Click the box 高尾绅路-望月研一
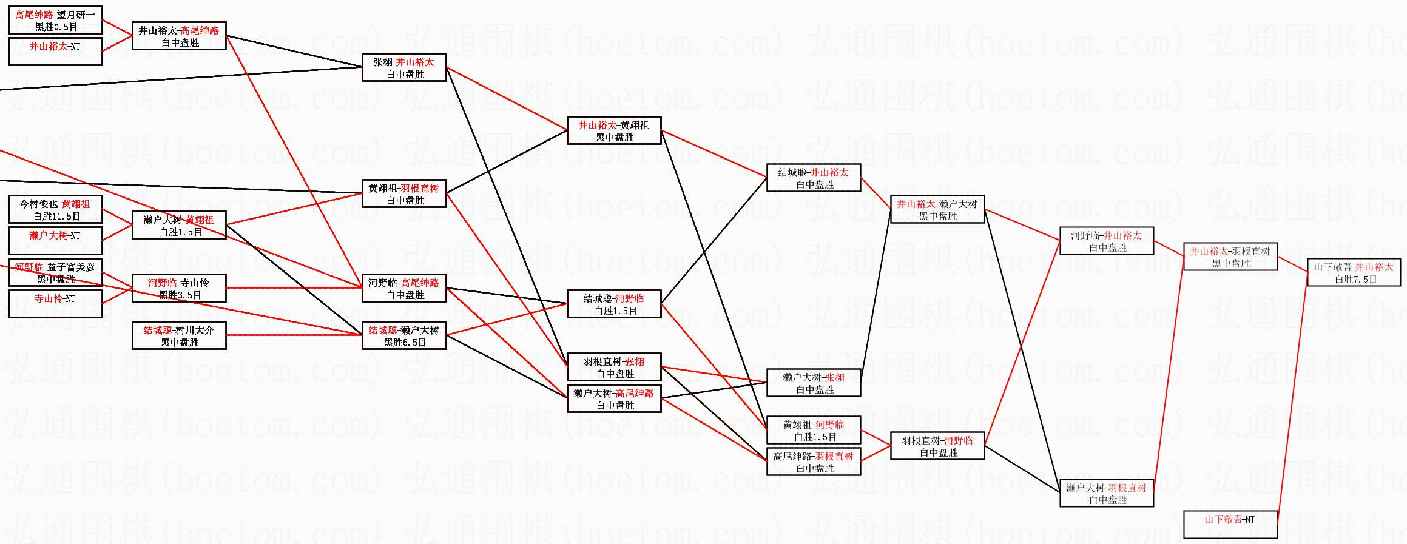(55, 20)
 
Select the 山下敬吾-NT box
(1230, 524)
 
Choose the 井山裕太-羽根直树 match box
(1230, 257)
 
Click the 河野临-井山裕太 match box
(1106, 241)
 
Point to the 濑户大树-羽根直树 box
(1106, 493)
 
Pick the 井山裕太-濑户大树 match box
(937, 209)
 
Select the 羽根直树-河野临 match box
(937, 446)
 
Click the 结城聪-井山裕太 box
(813, 178)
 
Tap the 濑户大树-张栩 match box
(813, 383)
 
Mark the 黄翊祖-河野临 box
(813, 430)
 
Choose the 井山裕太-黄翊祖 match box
(613, 130)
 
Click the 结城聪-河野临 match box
(613, 304)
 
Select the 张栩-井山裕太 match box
(404, 67)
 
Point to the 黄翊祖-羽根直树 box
(404, 193)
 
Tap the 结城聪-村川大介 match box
(179, 335)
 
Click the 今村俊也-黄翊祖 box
(55, 209)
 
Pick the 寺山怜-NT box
(55, 304)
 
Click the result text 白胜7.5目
(1355, 280)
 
